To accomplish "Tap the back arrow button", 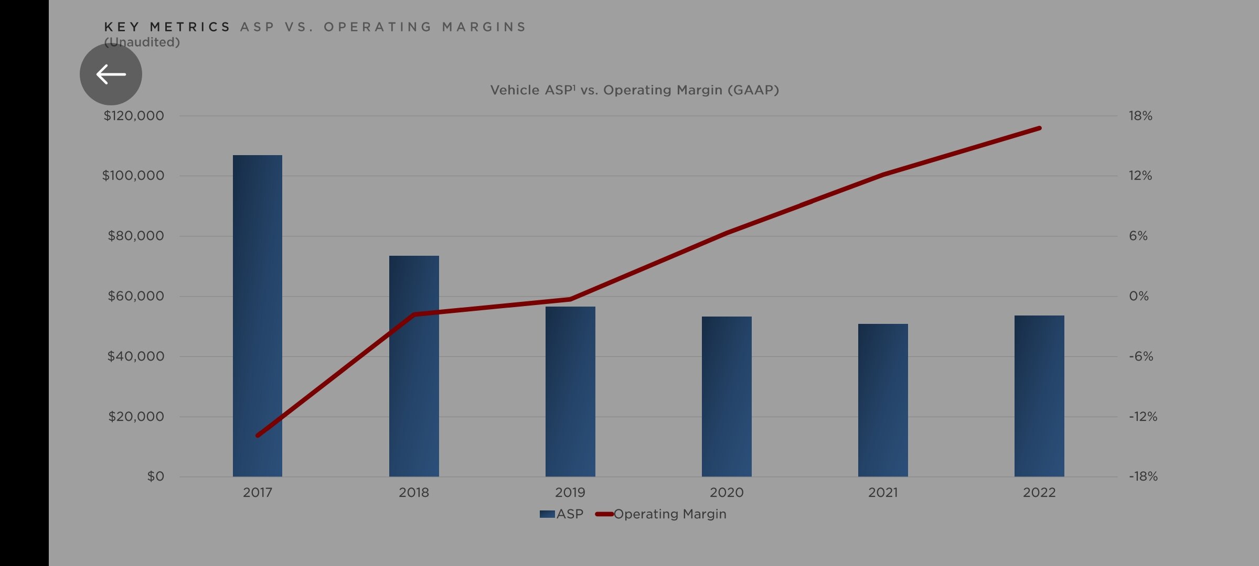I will (x=111, y=74).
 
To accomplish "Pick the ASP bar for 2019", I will (x=570, y=393).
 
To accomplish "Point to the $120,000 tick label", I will (x=134, y=116).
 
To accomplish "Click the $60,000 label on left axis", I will (x=136, y=296).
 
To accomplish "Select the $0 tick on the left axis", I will (x=155, y=476).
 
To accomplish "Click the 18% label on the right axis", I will (x=1140, y=116).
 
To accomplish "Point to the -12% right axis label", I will (x=1143, y=417).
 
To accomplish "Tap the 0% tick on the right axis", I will (x=1138, y=296).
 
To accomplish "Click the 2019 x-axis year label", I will (x=570, y=493).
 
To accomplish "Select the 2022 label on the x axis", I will (x=1039, y=493).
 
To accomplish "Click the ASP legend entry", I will (x=562, y=514).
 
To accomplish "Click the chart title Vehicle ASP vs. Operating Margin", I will (x=634, y=90).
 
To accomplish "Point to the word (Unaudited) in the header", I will (x=142, y=42).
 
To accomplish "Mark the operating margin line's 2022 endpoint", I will (x=1039, y=128).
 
